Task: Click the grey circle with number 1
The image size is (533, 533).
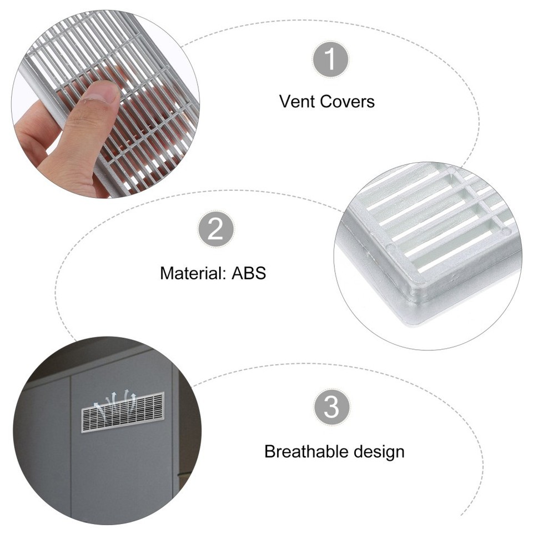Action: coord(330,60)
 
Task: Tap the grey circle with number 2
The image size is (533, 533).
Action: coord(215,229)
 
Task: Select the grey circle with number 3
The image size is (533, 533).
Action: coord(331,408)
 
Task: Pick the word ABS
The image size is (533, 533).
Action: coord(249,273)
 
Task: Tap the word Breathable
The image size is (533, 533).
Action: coord(309,451)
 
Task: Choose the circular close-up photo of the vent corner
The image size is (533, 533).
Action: coord(428,255)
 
